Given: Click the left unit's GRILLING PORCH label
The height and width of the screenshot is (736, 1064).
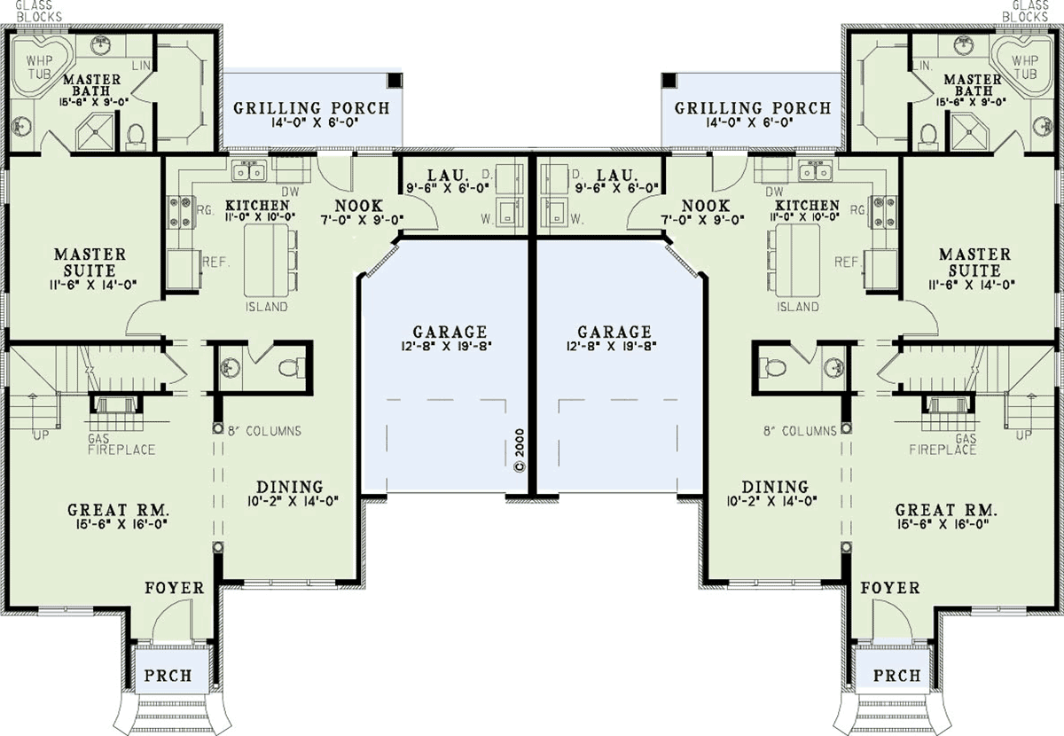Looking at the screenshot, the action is coord(311,108).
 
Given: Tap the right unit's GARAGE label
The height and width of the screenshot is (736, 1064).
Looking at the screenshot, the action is coord(614,332).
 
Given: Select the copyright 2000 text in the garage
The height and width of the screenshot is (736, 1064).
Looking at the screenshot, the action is coord(520,450).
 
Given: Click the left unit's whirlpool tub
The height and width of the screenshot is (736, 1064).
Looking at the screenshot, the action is coord(42,67).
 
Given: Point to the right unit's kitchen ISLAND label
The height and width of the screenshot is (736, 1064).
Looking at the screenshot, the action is coord(798,307).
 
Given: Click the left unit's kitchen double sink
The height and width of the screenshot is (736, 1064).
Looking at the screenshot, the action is coord(249,171).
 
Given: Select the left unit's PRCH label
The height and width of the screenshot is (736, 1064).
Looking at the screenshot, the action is coord(168,675).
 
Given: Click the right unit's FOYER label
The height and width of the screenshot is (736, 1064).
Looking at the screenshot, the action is coord(890,588).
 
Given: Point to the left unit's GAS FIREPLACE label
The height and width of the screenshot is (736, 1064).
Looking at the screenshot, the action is coord(121,443).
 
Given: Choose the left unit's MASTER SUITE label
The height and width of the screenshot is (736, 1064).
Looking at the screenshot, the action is coord(90,262).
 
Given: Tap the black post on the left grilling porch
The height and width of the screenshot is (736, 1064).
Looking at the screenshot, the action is coord(395,80).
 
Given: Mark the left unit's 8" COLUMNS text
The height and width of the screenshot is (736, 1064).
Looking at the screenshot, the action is coord(264,431).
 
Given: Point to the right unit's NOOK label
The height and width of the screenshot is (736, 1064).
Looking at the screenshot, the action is coord(706,206).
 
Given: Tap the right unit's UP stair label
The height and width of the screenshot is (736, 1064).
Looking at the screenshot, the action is coord(1023,435).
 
